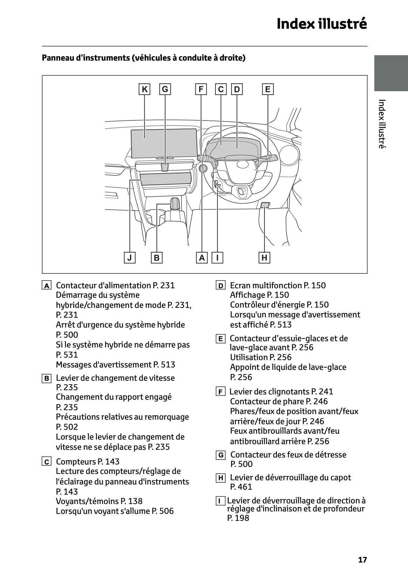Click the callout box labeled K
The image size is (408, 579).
(144, 89)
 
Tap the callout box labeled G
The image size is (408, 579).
(165, 89)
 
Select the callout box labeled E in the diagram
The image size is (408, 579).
(268, 89)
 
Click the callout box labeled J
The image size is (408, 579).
(130, 258)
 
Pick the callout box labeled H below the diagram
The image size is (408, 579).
(264, 258)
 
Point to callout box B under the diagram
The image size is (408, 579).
(157, 258)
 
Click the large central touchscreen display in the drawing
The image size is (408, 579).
(164, 143)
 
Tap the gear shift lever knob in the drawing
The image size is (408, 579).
(175, 203)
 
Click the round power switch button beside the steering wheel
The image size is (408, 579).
(203, 169)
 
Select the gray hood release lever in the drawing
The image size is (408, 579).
(265, 205)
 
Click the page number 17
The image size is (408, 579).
(362, 560)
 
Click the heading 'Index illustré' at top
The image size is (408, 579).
(321, 24)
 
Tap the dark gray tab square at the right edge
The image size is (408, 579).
(391, 73)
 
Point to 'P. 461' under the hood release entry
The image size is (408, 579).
(241, 487)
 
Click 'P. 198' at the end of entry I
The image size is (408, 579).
(238, 518)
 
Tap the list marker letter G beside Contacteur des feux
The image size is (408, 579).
(221, 455)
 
